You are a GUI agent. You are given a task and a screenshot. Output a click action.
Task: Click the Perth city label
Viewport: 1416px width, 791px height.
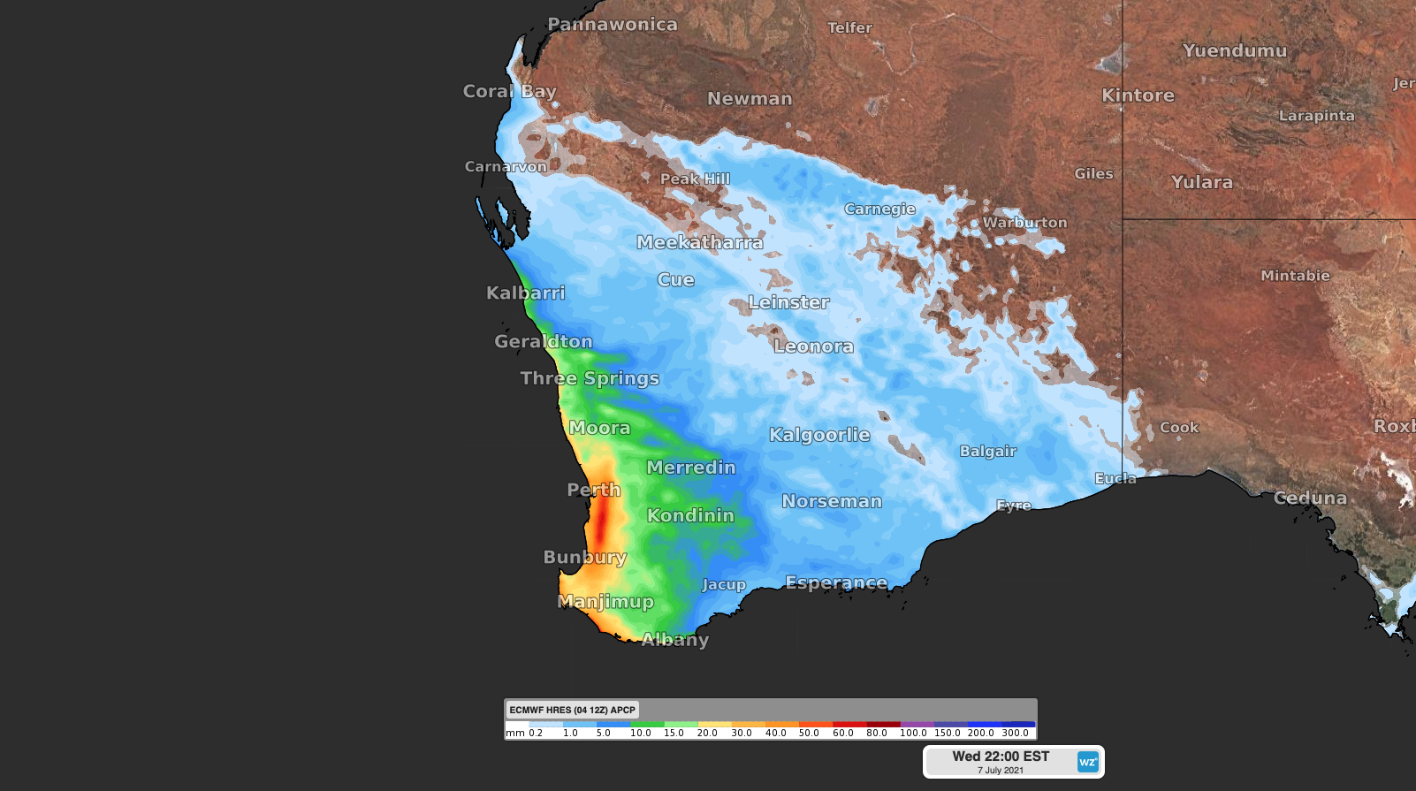(x=593, y=490)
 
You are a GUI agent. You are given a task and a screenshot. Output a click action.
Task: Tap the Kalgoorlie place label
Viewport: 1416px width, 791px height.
(x=819, y=435)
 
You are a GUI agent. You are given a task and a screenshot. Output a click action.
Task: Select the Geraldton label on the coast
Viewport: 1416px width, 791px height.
(x=543, y=341)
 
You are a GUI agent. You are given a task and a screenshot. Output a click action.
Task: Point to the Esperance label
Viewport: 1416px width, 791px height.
(x=836, y=582)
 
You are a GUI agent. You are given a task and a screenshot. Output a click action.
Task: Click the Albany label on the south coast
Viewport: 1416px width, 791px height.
(x=674, y=639)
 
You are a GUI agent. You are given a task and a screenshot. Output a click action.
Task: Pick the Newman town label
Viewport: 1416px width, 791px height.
(x=750, y=99)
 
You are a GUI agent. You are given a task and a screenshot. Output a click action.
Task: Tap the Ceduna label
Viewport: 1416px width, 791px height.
(x=1310, y=498)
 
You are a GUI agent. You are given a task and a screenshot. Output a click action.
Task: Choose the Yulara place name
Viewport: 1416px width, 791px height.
(x=1201, y=182)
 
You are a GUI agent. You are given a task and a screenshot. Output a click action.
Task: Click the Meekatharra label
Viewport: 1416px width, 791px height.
(x=699, y=242)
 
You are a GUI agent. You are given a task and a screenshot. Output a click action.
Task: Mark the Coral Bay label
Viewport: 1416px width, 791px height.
(x=509, y=91)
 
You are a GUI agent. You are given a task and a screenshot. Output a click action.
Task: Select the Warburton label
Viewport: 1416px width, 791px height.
(x=1024, y=223)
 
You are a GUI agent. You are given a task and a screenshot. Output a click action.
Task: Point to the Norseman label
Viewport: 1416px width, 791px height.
(x=832, y=501)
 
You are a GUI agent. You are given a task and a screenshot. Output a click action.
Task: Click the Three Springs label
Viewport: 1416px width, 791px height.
(x=590, y=378)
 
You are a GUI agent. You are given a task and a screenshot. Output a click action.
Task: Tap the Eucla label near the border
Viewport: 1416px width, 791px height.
(x=1115, y=478)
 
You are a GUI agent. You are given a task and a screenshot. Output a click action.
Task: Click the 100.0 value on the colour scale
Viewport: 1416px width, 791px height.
(x=913, y=733)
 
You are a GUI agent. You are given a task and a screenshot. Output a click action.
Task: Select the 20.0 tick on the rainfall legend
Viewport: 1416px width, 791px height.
(x=707, y=733)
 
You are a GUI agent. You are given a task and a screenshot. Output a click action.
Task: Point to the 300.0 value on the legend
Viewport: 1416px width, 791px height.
(x=1015, y=733)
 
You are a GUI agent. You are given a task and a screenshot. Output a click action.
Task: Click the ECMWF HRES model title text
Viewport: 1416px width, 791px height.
(x=572, y=710)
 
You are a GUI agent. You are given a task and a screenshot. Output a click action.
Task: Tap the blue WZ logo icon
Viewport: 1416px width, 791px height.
(x=1087, y=762)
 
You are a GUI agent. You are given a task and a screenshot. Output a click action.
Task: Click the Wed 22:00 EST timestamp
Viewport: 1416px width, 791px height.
(x=1001, y=757)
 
